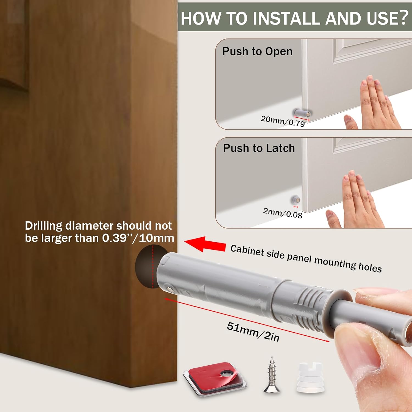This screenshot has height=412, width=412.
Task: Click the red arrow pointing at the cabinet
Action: click(205, 244)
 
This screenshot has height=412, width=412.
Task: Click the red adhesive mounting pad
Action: click(215, 379)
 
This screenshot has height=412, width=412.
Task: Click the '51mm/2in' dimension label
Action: click(253, 332)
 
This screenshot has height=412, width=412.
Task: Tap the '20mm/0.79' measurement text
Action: click(283, 121)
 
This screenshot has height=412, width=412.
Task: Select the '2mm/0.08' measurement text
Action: click(283, 213)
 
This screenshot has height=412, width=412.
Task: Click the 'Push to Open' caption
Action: click(257, 51)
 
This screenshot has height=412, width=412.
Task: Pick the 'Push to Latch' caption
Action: click(259, 148)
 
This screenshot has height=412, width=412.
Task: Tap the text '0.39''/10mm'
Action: click(138, 238)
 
